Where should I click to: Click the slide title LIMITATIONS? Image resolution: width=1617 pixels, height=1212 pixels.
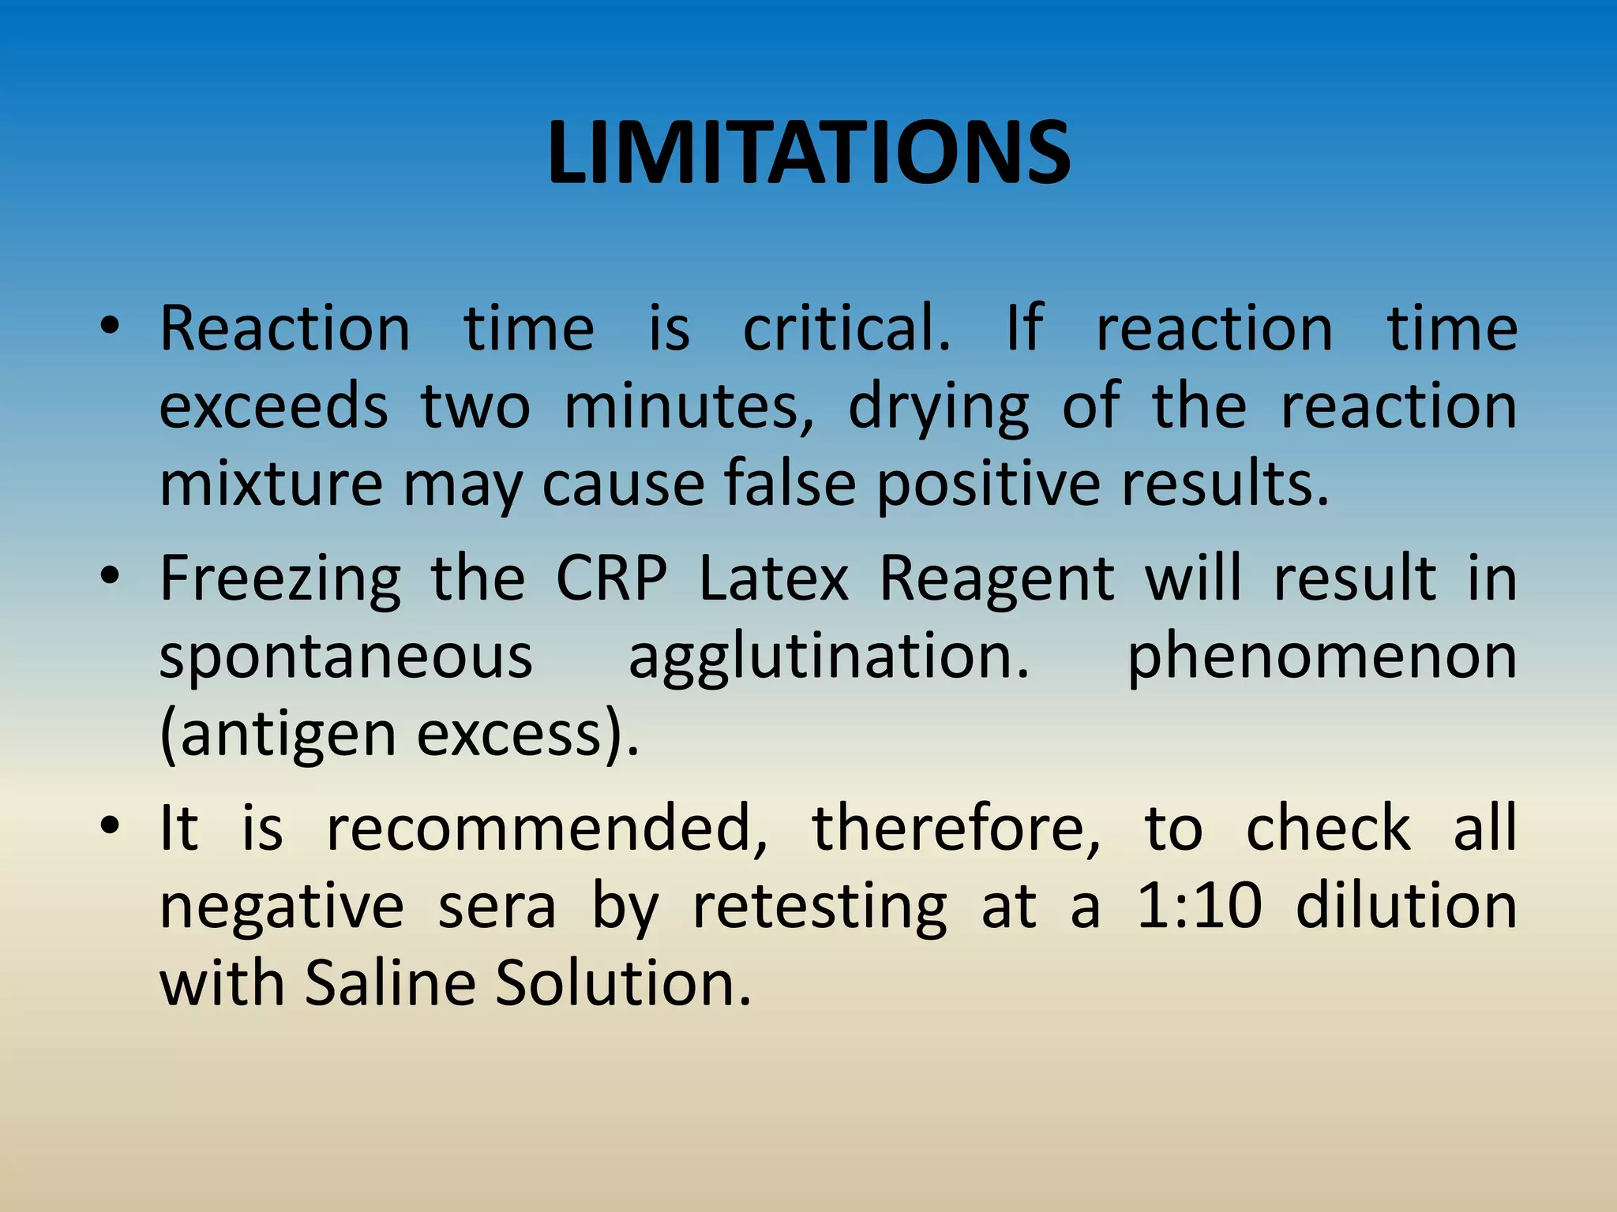[808, 153]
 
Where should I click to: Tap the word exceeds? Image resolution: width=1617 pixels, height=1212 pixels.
[274, 407]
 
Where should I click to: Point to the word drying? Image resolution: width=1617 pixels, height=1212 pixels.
[939, 407]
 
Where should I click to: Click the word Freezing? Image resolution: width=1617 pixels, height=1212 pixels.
[280, 580]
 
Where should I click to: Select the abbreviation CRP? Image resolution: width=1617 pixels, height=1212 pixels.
[611, 580]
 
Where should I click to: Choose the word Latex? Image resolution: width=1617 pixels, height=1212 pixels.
[774, 580]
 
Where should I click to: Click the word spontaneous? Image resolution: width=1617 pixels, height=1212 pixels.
[346, 656]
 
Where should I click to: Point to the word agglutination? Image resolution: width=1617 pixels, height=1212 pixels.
[829, 656]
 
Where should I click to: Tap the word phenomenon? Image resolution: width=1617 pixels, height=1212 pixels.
[1322, 656]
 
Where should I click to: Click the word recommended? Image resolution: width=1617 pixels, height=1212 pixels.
[546, 829]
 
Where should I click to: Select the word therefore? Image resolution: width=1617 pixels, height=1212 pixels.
[956, 829]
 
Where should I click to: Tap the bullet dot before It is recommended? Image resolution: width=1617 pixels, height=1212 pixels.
[110, 825]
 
